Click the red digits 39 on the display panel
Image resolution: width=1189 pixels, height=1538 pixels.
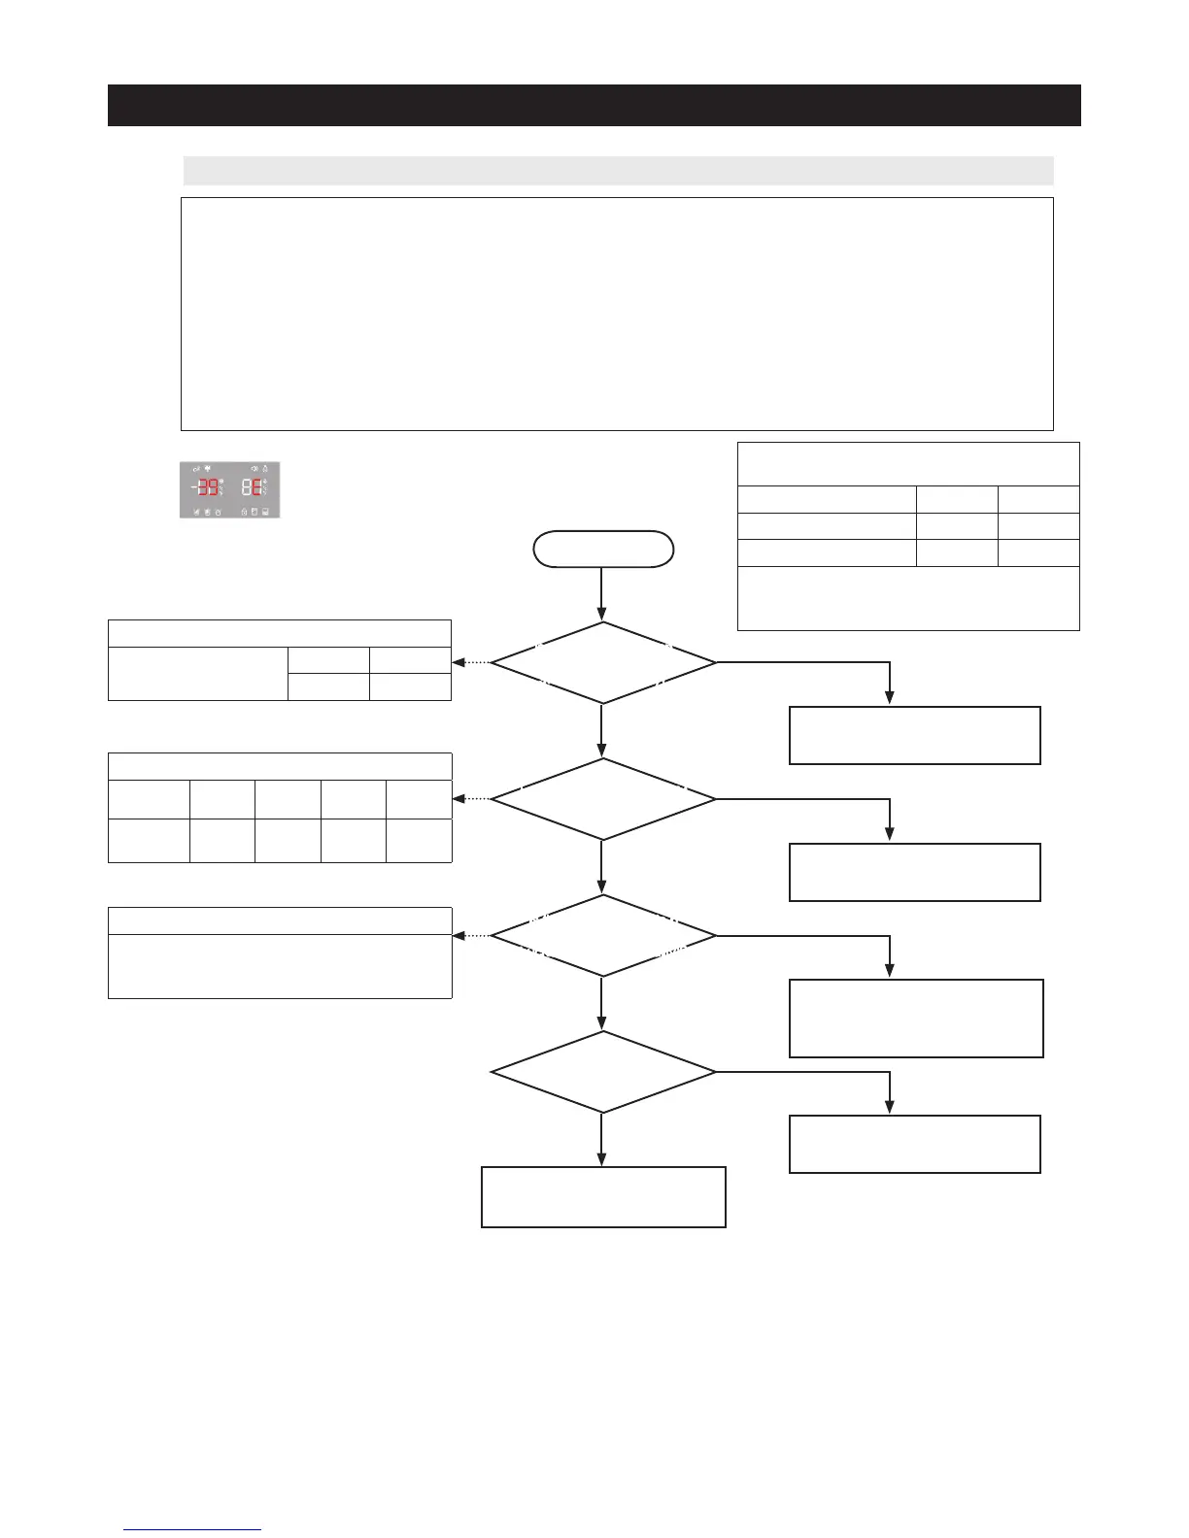coord(208,487)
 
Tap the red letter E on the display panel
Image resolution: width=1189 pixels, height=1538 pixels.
coord(256,487)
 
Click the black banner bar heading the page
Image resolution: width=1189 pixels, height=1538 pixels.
coord(594,105)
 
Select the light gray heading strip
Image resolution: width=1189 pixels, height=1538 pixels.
coord(618,171)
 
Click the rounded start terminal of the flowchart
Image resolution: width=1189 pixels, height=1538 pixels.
coord(602,549)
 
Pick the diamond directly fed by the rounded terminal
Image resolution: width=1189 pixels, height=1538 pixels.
coord(602,663)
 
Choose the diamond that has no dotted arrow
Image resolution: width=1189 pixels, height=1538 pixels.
coord(602,1072)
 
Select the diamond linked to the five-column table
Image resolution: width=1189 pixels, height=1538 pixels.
coord(602,799)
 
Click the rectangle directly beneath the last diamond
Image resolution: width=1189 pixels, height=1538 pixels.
coord(603,1197)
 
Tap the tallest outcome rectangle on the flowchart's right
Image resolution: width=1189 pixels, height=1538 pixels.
coord(916,1018)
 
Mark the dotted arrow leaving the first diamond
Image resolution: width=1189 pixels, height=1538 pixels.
coord(471,663)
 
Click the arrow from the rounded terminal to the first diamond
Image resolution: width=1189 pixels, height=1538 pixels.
coord(602,594)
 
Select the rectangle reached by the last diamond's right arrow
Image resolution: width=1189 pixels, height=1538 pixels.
coord(915,1144)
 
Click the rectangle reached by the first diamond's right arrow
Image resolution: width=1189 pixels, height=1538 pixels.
coord(915,735)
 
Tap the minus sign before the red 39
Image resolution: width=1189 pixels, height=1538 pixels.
coord(193,487)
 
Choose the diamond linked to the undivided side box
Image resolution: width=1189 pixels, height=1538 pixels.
coord(602,936)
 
